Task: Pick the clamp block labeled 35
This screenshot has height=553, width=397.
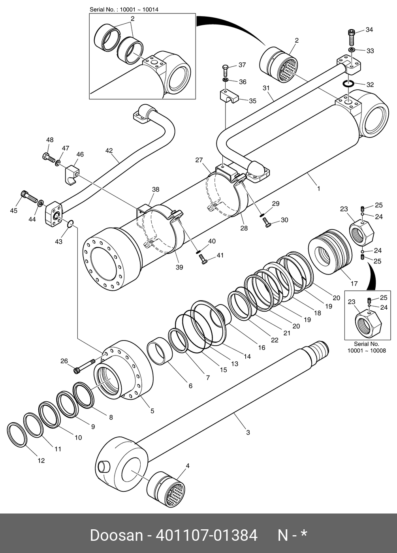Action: pos(229,96)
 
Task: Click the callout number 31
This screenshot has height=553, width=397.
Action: pos(266,88)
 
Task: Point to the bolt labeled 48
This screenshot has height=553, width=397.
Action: pos(48,157)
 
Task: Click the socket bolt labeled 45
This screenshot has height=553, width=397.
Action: pos(29,196)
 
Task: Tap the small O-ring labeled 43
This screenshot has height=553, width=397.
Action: pos(70,224)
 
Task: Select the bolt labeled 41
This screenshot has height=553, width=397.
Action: pos(203,259)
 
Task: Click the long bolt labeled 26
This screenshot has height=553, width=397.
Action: pos(85,366)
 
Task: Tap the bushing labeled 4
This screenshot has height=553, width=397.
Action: pos(166,490)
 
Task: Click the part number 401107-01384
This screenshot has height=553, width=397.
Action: pos(207,535)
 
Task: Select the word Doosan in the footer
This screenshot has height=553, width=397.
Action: pos(117,535)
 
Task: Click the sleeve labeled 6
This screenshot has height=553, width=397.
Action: pos(160,351)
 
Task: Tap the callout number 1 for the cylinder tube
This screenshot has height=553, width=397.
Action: pos(318,189)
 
